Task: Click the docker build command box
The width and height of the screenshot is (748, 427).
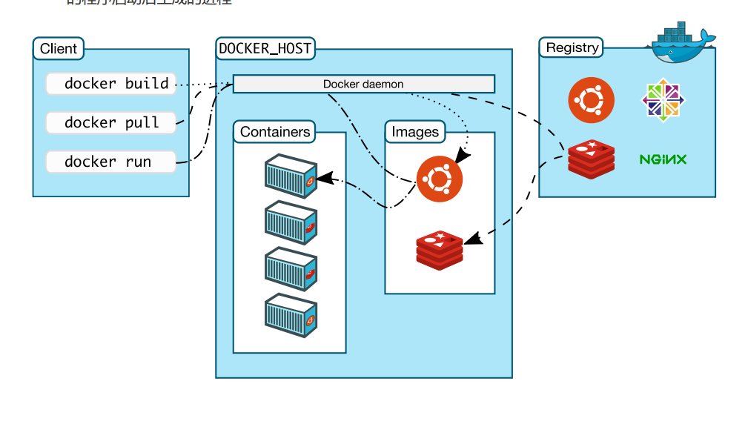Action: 111,84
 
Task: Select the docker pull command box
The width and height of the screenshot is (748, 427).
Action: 111,122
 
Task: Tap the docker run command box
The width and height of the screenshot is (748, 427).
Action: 111,162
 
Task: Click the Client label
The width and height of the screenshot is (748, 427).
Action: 59,49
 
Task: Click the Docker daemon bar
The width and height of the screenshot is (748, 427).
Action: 363,84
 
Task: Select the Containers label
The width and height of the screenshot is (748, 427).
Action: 274,132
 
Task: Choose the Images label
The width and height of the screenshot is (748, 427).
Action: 415,132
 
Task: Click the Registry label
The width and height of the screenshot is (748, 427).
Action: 572,47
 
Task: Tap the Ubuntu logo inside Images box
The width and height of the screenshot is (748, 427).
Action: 439,179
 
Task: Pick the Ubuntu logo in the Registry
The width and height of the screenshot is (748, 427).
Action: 591,99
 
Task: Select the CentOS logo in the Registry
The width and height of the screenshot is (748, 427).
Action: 663,99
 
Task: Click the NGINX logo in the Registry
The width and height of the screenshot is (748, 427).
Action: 663,159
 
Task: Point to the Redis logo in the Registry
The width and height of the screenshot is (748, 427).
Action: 591,159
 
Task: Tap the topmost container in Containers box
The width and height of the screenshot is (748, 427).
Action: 291,176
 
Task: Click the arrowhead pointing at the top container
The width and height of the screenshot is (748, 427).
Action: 324,179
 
